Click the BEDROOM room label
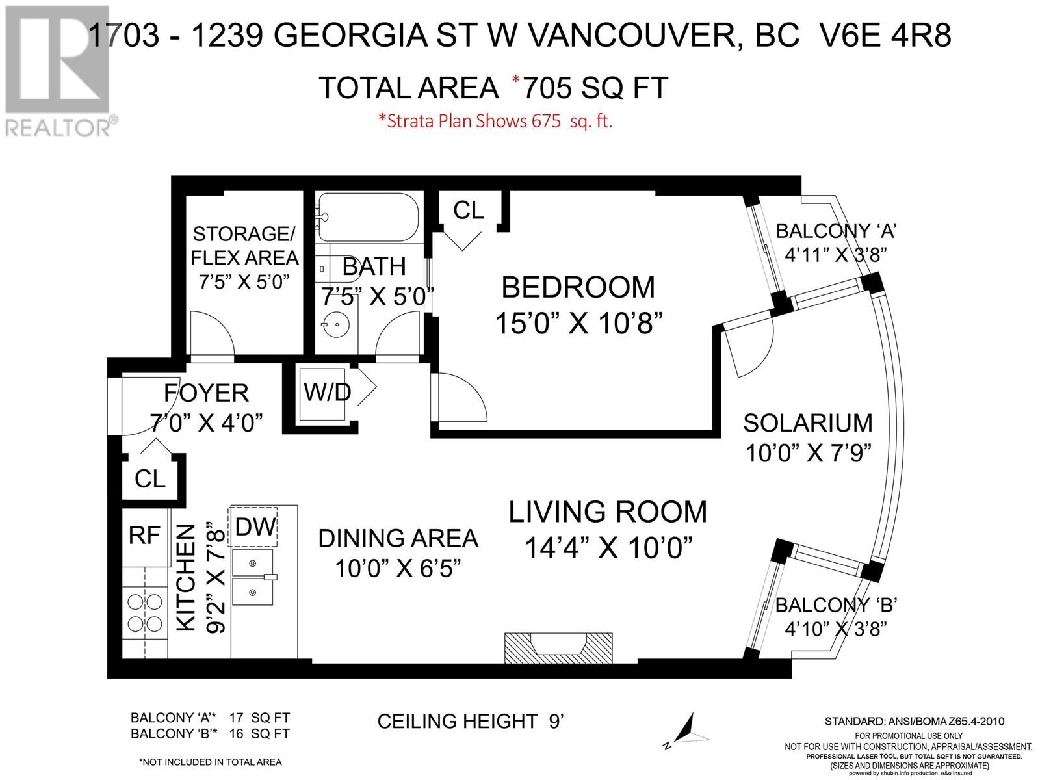tap(578, 287)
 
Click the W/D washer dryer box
tap(327, 393)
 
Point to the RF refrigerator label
tap(144, 536)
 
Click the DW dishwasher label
tap(255, 526)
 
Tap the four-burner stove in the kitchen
tap(145, 612)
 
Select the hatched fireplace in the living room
tap(558, 647)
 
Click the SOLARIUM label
tap(807, 423)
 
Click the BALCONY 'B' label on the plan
tap(837, 605)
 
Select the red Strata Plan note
tap(495, 122)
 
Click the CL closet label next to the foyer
tap(150, 479)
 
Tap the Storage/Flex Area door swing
tap(211, 333)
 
